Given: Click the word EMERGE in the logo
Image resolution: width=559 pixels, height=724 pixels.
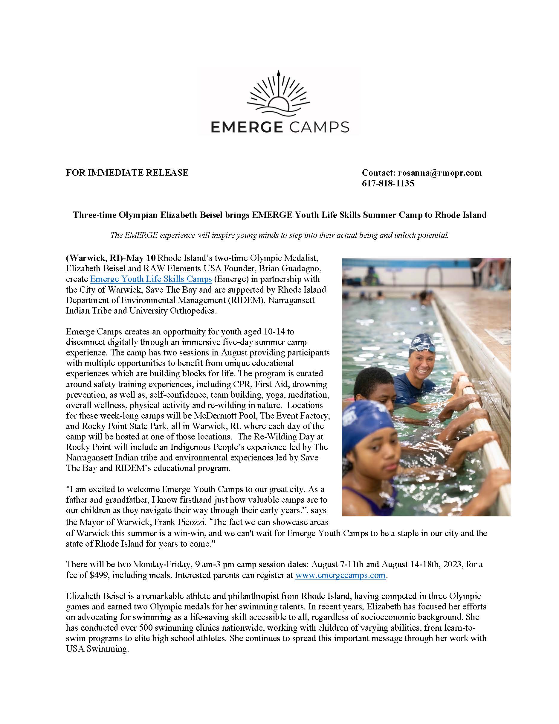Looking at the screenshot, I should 245,127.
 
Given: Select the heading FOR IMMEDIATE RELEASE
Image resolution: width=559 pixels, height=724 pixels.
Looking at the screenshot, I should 127,173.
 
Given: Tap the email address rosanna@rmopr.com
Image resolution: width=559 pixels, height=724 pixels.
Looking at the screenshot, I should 440,173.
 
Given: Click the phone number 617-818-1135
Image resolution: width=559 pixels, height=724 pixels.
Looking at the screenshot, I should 388,183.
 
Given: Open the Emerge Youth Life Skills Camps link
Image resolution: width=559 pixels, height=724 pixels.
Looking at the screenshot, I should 151,279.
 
